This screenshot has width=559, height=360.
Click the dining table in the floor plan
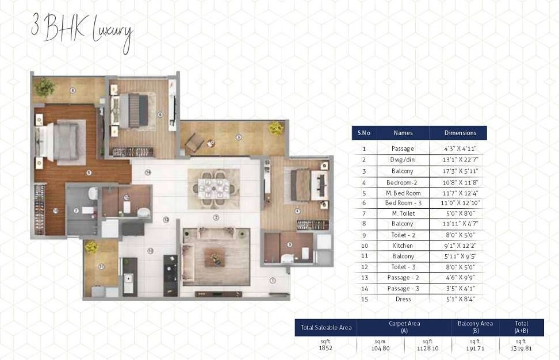click(x=213, y=188)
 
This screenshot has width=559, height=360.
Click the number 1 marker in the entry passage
click(x=273, y=281)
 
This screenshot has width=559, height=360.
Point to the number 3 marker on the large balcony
click(x=238, y=137)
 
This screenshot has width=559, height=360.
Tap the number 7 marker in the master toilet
click(x=76, y=210)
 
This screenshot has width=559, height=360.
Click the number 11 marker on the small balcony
click(x=101, y=266)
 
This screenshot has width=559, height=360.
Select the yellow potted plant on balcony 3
click(x=276, y=128)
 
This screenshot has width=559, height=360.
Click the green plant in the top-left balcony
click(x=44, y=87)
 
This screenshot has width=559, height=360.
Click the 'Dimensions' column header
click(x=460, y=133)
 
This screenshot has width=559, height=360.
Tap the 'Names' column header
click(x=403, y=133)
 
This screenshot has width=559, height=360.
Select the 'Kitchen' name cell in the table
click(x=403, y=246)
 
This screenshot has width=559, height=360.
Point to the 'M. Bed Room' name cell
click(x=403, y=193)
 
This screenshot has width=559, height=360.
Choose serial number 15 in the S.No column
click(x=363, y=299)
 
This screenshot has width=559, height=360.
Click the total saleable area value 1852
click(x=326, y=348)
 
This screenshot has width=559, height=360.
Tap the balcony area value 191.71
click(x=475, y=348)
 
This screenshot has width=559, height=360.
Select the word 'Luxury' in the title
click(x=112, y=33)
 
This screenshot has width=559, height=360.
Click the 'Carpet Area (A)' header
click(x=404, y=327)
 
